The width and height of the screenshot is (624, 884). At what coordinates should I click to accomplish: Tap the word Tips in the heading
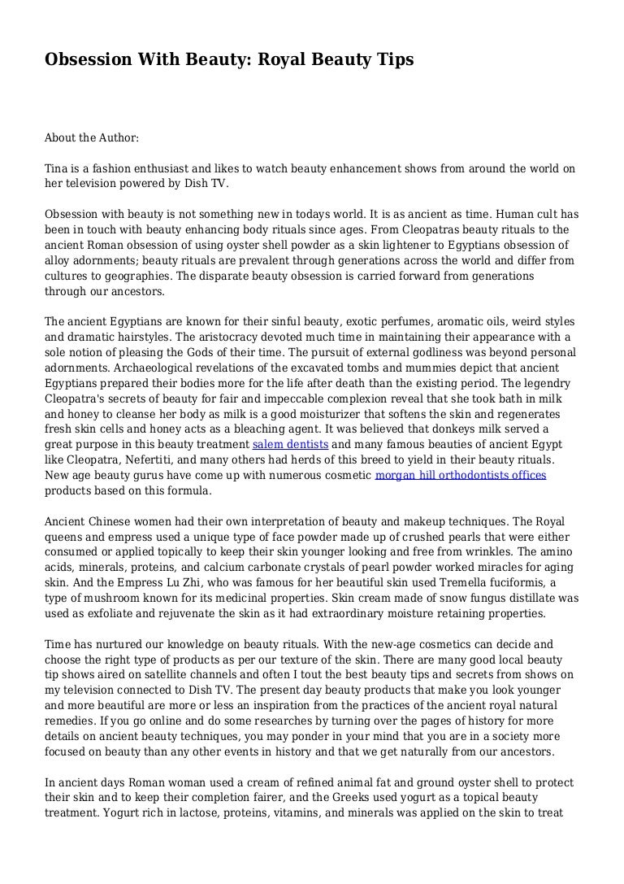(x=392, y=59)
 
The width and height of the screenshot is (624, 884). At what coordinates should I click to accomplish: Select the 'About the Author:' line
(x=92, y=138)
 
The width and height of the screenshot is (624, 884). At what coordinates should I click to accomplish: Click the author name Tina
(x=57, y=169)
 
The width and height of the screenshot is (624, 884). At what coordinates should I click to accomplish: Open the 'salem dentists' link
(x=290, y=445)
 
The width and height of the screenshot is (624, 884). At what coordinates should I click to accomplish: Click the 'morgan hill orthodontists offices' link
(x=460, y=475)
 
